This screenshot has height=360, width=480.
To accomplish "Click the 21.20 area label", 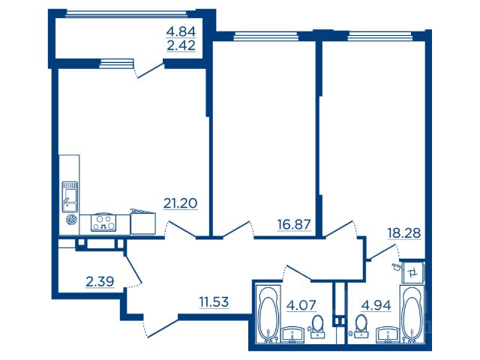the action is click(x=180, y=203).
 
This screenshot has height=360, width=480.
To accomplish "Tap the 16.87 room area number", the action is click(x=294, y=224).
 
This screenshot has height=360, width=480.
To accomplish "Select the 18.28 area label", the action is click(x=404, y=233).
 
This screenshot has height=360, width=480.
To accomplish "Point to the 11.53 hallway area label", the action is click(x=214, y=302).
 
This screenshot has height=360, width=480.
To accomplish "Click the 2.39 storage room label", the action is click(x=100, y=281).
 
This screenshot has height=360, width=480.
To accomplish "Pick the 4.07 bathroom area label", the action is click(x=301, y=305).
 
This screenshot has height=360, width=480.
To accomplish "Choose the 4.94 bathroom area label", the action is click(x=376, y=305).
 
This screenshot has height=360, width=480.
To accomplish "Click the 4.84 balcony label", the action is click(x=181, y=31).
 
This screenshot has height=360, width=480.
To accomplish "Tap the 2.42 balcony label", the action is click(x=181, y=46).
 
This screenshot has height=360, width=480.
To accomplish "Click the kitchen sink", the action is click(x=70, y=196).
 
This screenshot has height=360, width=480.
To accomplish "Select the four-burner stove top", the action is click(x=103, y=223).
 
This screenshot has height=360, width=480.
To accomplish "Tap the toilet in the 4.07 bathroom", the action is click(x=318, y=327).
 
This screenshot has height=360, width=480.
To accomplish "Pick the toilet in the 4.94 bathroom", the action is click(x=361, y=327).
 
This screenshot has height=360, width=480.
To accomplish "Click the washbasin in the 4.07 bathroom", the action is click(x=292, y=335).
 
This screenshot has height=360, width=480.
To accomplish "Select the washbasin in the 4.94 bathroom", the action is click(x=388, y=335).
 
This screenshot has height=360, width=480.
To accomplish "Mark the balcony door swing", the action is click(x=149, y=70).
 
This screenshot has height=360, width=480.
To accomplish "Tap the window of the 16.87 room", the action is click(x=265, y=37).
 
